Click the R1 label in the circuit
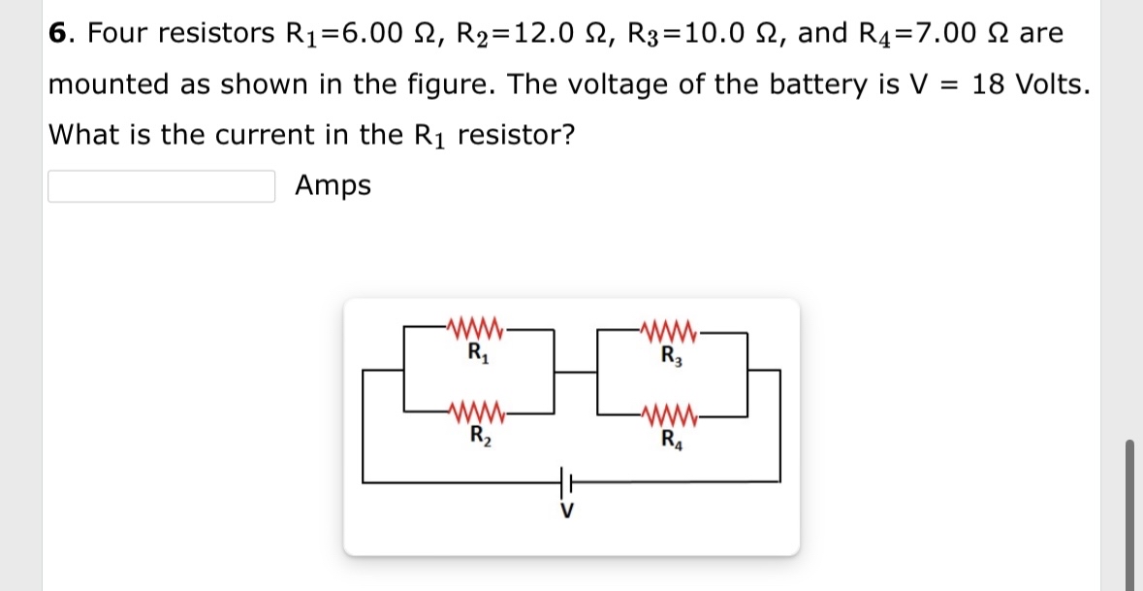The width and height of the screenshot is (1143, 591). (476, 352)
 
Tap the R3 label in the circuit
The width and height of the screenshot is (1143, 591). (671, 353)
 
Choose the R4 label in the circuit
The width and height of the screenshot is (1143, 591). (671, 437)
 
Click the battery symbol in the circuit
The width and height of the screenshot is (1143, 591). (566, 479)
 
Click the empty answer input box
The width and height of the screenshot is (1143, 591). (162, 186)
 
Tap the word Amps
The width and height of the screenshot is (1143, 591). (333, 184)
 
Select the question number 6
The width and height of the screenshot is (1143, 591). (58, 33)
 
